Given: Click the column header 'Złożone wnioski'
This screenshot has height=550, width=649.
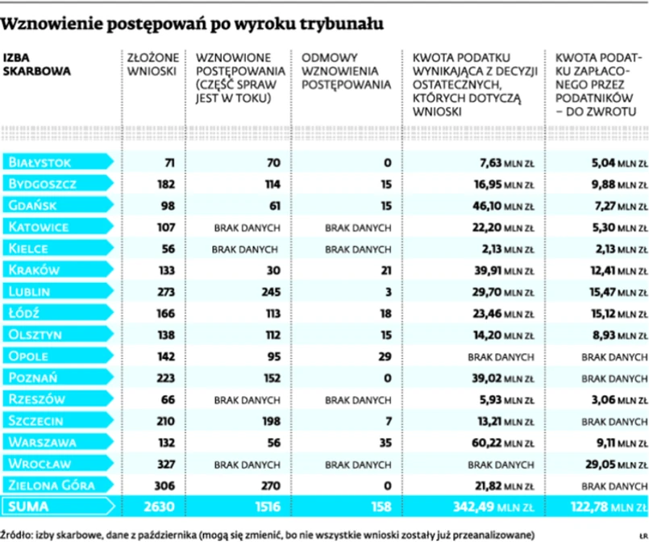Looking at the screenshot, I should [x=146, y=64].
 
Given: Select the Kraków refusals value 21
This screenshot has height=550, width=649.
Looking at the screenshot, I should [x=385, y=270].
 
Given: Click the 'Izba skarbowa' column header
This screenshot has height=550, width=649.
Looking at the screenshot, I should [x=36, y=64].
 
